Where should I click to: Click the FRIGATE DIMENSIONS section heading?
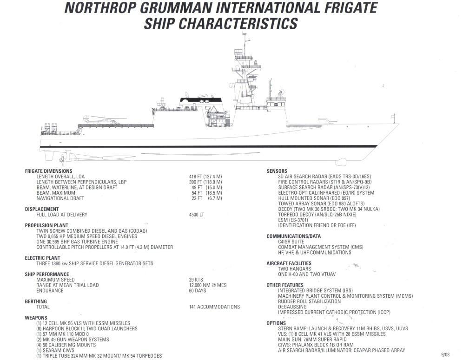coord(48,171)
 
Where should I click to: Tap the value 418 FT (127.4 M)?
coord(205,177)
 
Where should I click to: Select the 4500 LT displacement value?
coord(197,215)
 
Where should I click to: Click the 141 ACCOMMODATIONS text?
coord(214,307)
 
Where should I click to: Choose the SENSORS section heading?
coord(277,171)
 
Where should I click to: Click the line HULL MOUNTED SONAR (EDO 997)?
coord(314,198)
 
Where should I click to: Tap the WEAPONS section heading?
coord(36,318)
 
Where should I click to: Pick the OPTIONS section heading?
coord(276,323)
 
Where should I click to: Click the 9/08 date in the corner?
coord(445,354)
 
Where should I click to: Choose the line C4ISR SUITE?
coord(291,242)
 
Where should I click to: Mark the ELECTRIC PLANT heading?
coord(42,258)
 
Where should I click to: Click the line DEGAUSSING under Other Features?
coord(292,307)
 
